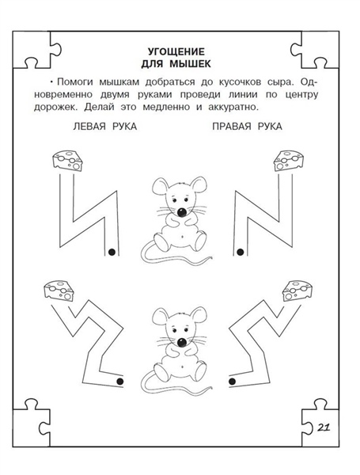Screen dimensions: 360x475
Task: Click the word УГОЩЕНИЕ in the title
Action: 176,51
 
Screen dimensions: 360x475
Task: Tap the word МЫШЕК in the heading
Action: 190,64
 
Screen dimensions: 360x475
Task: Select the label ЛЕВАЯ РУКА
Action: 104,127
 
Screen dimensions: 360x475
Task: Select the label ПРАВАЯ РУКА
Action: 247,127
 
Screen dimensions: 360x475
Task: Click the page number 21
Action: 324,427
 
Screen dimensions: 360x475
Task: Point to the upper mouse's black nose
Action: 182,211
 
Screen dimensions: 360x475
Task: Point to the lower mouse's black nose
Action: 182,342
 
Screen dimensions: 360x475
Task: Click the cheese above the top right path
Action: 289,161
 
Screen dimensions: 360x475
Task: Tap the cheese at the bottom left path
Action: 59,291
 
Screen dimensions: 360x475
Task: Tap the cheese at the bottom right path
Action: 297,291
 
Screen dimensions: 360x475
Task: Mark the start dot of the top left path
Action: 112,252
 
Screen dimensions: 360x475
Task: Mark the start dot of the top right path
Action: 241,252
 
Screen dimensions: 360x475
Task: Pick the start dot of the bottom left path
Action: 120,382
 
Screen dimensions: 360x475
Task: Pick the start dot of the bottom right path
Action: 233,382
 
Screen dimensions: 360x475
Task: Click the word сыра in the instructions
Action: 280,82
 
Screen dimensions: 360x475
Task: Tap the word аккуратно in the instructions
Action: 233,108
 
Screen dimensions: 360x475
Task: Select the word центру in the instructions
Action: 301,95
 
